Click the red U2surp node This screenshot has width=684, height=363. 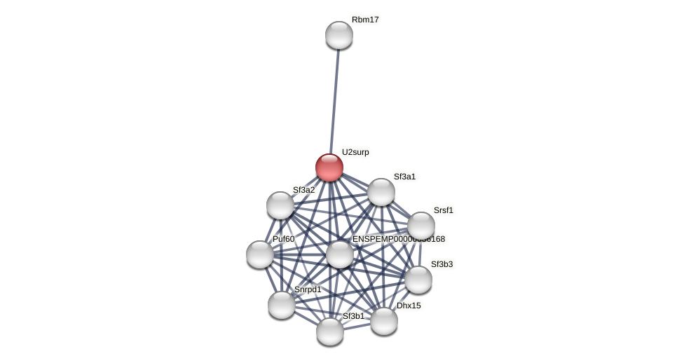329,167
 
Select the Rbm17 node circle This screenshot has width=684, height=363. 338,35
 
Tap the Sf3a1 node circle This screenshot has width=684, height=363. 381,192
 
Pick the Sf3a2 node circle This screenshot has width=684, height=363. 280,205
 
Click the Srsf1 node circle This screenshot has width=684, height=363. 421,226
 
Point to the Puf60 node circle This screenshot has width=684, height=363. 260,254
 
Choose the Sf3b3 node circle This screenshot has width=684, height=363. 418,280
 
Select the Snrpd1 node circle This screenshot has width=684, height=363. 282,305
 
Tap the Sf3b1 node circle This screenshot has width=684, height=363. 330,331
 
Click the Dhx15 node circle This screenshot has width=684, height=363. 384,321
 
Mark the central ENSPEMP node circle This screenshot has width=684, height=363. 340,254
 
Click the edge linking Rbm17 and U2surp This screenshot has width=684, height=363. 334,98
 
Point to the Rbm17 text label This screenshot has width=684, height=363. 365,20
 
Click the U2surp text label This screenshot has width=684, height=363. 355,152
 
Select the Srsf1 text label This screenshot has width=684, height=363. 443,210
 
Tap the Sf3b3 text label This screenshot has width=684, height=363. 442,264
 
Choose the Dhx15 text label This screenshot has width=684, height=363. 409,306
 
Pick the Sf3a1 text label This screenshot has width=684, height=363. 404,177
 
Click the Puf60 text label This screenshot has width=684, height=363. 283,239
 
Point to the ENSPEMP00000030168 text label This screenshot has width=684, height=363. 398,239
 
